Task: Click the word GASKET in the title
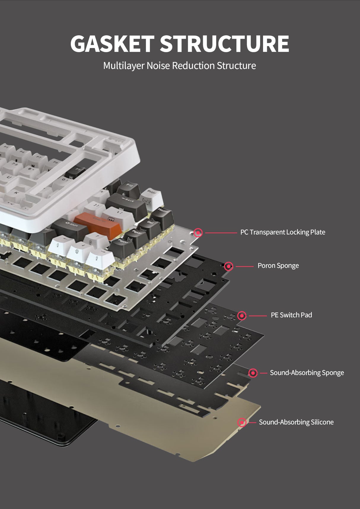(112, 44)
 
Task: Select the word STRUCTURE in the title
(224, 44)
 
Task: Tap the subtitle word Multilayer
(124, 66)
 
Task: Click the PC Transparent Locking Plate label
(283, 232)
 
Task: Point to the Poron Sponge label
(278, 266)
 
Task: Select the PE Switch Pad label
(291, 315)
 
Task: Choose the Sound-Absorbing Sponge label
(307, 373)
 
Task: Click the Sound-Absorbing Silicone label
(296, 422)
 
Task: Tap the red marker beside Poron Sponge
(229, 266)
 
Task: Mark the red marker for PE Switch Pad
(242, 315)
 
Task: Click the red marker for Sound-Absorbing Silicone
(242, 422)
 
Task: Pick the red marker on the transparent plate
(198, 233)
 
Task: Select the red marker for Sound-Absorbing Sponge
(253, 373)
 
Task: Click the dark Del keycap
(150, 225)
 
